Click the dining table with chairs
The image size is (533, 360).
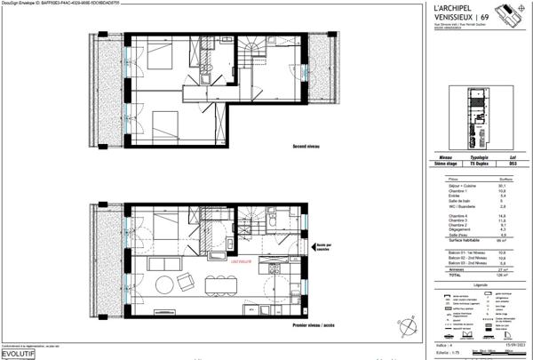point(217,285)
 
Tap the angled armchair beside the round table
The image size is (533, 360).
point(187,282)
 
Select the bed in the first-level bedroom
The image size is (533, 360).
point(166,229)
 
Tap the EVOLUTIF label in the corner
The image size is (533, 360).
point(19,353)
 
